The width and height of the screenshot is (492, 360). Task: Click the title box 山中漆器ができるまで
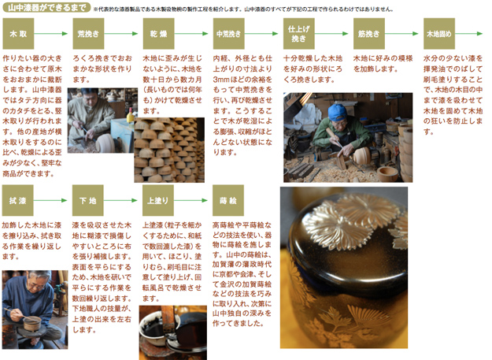click(44, 8)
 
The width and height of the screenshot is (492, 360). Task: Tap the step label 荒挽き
click(88, 35)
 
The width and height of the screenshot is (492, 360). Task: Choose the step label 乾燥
click(158, 35)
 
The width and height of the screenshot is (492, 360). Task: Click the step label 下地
click(88, 199)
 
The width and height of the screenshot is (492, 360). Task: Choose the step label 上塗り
click(158, 199)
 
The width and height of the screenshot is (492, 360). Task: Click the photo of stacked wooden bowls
click(165, 150)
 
